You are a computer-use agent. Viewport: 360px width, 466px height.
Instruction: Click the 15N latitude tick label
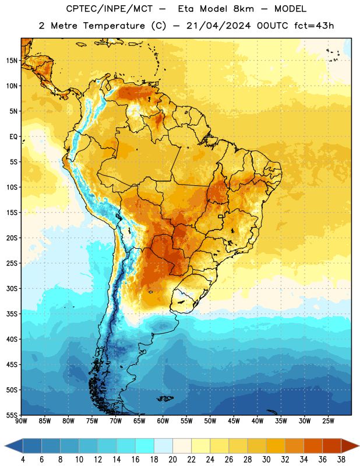tap(12, 61)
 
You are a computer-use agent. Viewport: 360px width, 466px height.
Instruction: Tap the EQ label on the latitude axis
tap(13, 137)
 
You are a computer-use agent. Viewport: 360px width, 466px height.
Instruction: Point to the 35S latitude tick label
tap(12, 314)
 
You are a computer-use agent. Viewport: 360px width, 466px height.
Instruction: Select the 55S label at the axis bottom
tap(12, 415)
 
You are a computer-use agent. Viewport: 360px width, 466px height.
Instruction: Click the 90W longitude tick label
tap(21, 421)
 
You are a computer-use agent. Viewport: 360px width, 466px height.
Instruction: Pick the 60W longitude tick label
tap(163, 421)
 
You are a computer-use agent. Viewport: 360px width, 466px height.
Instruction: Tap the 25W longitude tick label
tap(328, 421)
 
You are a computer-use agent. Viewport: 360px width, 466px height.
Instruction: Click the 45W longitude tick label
tap(234, 421)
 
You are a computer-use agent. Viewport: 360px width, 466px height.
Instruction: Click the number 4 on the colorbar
tap(23, 460)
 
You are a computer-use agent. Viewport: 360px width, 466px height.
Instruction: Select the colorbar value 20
tap(172, 460)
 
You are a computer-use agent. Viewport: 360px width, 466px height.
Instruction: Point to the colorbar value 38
tap(341, 460)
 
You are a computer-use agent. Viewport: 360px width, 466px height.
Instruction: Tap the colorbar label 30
tap(266, 460)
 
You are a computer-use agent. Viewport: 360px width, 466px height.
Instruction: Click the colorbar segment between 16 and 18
tap(145, 446)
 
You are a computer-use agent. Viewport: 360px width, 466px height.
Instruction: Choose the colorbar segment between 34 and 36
tap(313, 446)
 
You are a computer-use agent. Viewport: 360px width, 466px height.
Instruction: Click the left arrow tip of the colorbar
tap(5, 446)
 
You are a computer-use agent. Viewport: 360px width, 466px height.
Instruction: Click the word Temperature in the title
tap(114, 26)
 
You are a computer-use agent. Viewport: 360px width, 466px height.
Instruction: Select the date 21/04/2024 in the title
tap(218, 26)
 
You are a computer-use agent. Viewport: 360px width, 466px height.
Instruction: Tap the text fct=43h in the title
tap(314, 26)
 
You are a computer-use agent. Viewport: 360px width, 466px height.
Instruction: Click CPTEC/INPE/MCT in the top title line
tap(109, 9)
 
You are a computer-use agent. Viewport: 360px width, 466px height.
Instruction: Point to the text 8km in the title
tap(243, 9)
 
